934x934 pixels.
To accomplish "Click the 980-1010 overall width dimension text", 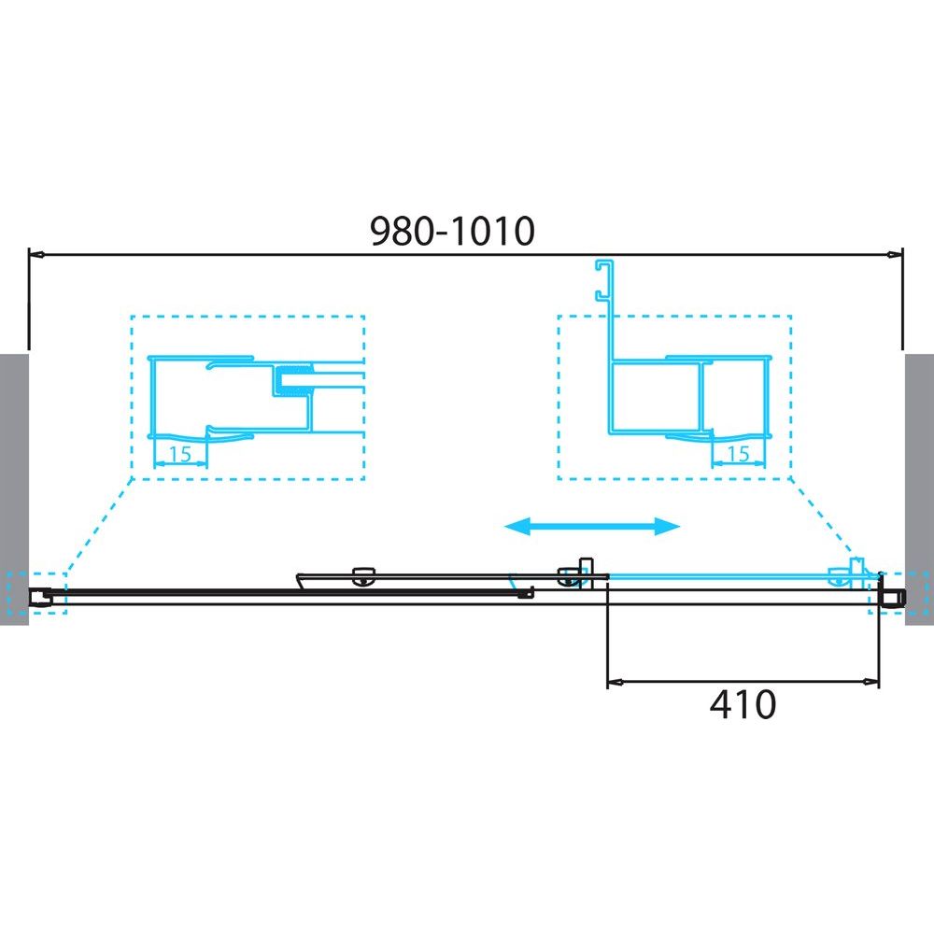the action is coord(453,231).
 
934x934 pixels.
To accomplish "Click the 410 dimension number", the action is coord(743,704).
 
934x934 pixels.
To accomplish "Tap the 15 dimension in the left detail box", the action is coord(180,455).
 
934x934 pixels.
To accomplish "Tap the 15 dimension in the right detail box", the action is coord(738,454).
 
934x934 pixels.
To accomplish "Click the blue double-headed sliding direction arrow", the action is coord(592,526).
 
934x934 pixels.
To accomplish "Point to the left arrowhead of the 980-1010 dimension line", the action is coord(36,255).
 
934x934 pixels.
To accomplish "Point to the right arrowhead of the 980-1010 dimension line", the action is coord(896,255).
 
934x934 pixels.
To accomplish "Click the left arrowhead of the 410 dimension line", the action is coord(615,681).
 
